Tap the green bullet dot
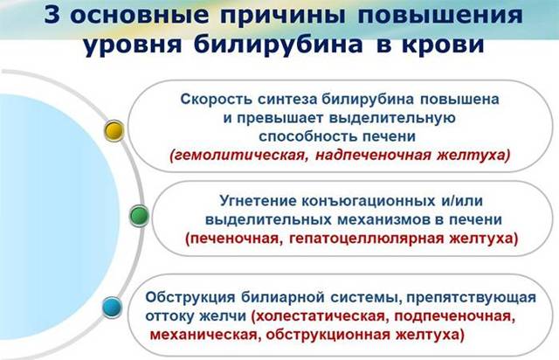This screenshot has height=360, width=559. (137, 214)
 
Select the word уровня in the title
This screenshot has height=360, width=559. (129, 45)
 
